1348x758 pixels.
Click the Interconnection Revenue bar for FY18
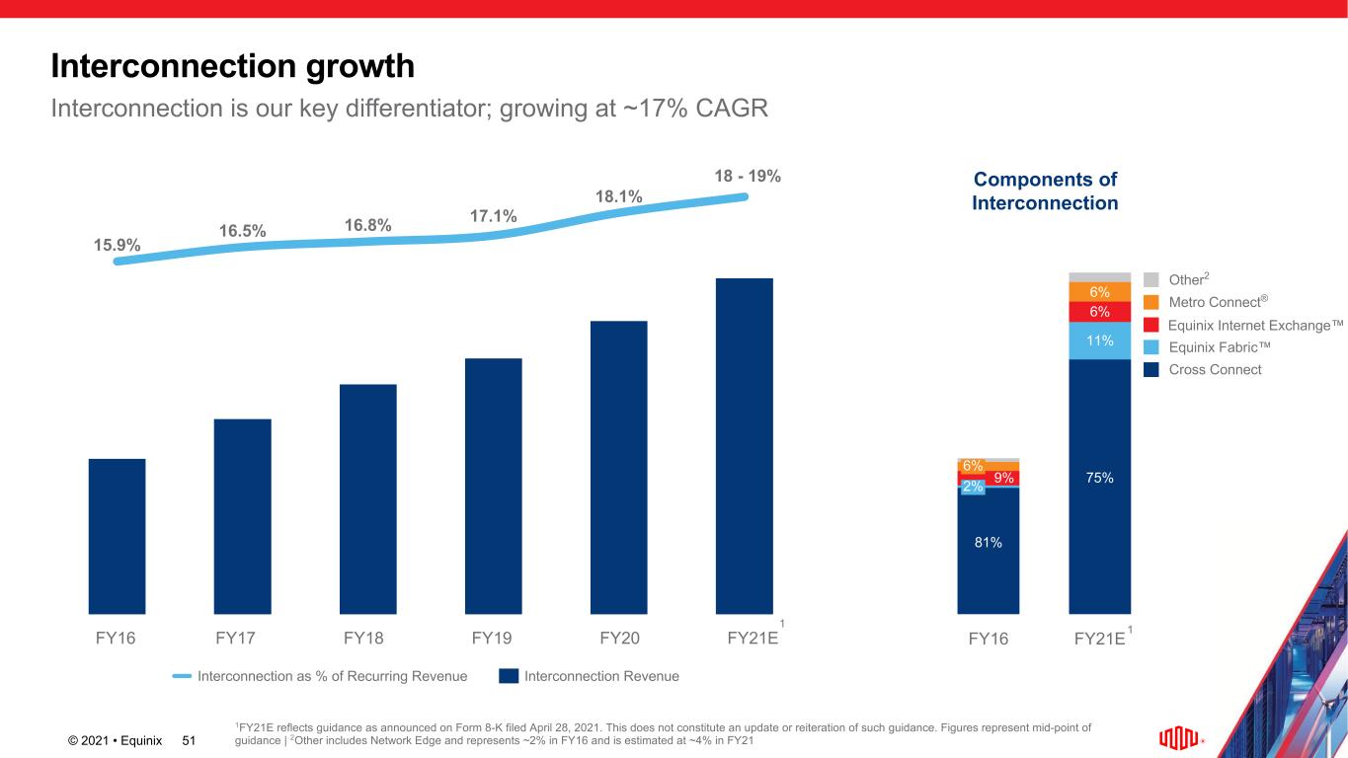click(x=367, y=498)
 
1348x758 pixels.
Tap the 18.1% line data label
click(x=618, y=197)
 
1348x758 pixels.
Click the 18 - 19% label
click(x=748, y=177)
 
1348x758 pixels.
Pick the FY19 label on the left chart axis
click(x=492, y=638)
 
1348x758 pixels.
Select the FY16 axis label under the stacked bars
click(x=988, y=639)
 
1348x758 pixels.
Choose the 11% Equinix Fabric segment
click(x=1099, y=341)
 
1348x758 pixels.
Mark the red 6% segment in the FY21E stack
click(x=1099, y=312)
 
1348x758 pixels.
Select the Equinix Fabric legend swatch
click(x=1151, y=346)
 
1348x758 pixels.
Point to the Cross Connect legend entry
click(x=1214, y=369)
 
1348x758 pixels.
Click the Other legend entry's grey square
click(x=1151, y=279)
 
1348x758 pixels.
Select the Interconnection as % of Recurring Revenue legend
click(x=320, y=677)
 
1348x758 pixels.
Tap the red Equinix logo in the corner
click(x=1181, y=738)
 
